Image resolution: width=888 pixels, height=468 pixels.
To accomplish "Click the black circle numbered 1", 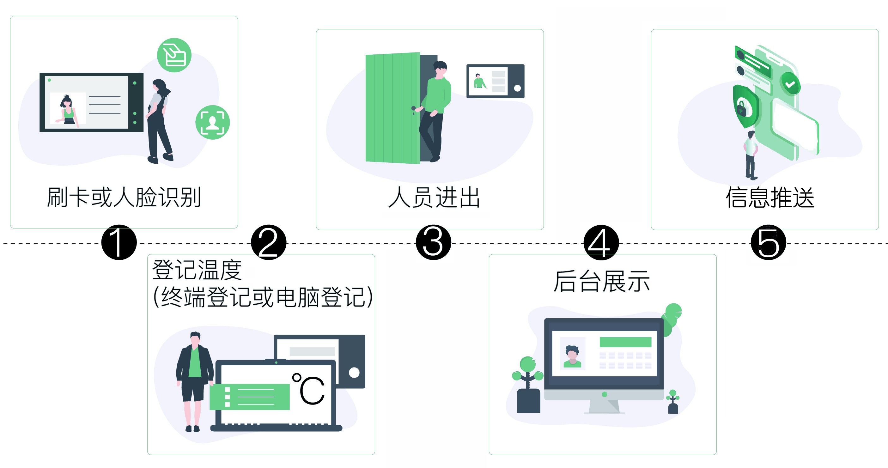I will pyautogui.click(x=119, y=242).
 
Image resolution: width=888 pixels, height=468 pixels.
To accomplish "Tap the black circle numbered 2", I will pyautogui.click(x=269, y=242).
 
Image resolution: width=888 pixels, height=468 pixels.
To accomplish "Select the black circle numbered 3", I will pyautogui.click(x=433, y=242).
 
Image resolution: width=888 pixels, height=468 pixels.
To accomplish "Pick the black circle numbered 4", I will pyautogui.click(x=601, y=242).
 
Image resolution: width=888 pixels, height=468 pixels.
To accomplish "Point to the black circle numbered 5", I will pyautogui.click(x=768, y=242).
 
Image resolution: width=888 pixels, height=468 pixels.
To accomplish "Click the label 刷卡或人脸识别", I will pyautogui.click(x=124, y=198).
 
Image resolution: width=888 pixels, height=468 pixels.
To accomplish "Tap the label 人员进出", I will pyautogui.click(x=434, y=198).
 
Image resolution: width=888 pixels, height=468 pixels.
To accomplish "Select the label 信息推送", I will pyautogui.click(x=770, y=198).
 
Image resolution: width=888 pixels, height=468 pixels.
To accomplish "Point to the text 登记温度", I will pyautogui.click(x=197, y=270).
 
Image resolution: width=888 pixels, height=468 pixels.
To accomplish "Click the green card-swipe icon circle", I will pyautogui.click(x=174, y=55).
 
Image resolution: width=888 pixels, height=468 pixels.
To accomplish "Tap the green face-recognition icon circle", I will pyautogui.click(x=212, y=122).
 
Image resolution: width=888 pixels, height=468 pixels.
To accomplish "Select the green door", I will pyautogui.click(x=392, y=107).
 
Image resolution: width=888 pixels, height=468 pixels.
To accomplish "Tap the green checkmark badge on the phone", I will pyautogui.click(x=790, y=84).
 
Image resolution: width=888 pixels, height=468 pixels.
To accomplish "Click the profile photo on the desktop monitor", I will pyautogui.click(x=572, y=354).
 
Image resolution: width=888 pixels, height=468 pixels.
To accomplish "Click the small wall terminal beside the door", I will pyautogui.click(x=495, y=81).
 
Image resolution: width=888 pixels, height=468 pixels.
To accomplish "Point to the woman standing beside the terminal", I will pyautogui.click(x=159, y=121).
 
